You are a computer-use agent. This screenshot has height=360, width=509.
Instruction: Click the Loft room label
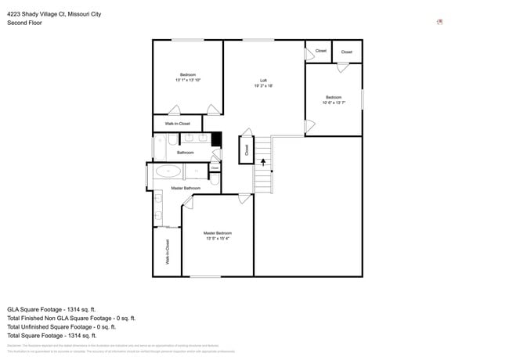click(x=263, y=83)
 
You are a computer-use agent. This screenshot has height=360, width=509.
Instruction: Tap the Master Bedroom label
click(x=218, y=236)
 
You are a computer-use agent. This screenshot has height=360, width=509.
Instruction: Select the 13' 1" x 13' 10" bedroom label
click(x=188, y=77)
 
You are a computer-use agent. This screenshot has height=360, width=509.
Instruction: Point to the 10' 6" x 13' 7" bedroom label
click(x=334, y=99)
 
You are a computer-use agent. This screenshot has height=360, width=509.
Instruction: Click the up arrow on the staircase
click(x=263, y=163)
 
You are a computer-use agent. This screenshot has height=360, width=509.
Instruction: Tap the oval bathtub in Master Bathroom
click(x=168, y=170)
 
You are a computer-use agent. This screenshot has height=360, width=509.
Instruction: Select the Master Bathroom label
click(x=186, y=188)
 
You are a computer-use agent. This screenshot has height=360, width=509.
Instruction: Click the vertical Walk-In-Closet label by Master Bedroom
click(x=168, y=252)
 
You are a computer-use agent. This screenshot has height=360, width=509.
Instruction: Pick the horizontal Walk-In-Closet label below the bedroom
click(x=177, y=124)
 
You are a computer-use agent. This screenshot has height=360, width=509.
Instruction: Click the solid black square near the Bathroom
click(x=217, y=139)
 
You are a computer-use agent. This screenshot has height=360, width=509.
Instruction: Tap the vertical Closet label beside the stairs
click(x=247, y=149)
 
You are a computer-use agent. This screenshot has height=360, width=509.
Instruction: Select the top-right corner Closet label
click(x=346, y=52)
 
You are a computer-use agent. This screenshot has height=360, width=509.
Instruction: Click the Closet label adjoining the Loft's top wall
click(x=320, y=51)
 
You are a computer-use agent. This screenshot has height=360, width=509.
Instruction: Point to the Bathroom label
click(x=185, y=153)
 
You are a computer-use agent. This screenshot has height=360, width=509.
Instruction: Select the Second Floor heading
click(x=25, y=23)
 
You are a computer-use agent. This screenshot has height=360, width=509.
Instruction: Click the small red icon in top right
click(x=440, y=22)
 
